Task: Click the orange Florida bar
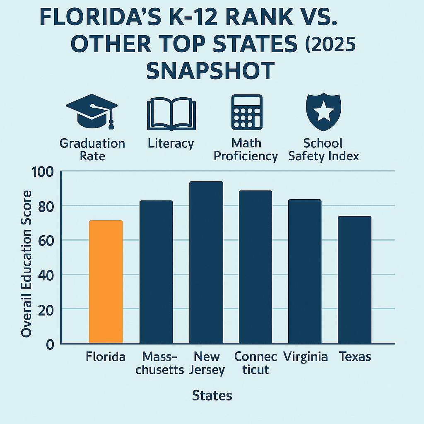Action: (106, 282)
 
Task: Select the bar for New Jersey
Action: (206, 263)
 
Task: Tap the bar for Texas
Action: (355, 279)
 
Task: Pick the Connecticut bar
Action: (255, 267)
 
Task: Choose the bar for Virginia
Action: (305, 271)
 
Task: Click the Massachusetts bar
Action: (156, 272)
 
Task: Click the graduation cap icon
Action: (92, 111)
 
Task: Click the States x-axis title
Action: (212, 395)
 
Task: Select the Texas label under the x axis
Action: (355, 357)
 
